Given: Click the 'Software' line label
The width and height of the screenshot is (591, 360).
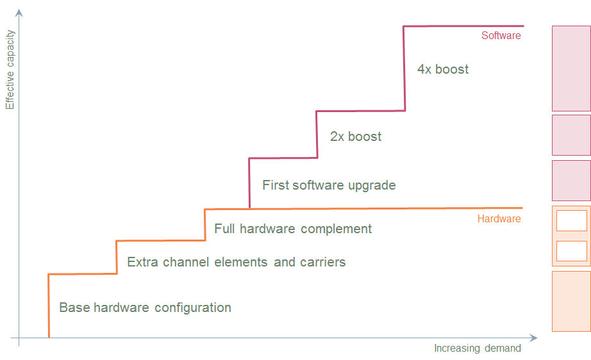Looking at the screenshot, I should tap(501, 36).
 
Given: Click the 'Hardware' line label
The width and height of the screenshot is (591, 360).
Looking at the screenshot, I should tap(499, 218).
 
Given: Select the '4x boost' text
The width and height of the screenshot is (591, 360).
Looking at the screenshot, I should tap(442, 69).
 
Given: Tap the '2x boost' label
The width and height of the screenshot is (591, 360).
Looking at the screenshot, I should tap(356, 136).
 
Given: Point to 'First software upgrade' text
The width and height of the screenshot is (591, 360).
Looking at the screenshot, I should tap(329, 185).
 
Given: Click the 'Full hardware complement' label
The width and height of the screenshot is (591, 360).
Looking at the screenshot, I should tap(293, 229).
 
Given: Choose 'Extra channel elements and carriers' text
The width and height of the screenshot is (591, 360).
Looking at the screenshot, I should tap(236, 262).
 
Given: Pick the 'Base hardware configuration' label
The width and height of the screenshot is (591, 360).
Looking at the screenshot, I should tap(145, 307).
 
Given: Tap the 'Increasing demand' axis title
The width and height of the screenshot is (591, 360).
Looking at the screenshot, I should tap(478, 348).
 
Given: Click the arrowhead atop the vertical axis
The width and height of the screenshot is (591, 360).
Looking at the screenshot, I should tap(19, 12).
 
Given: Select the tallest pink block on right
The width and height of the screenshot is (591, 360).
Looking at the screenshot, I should tap(571, 69).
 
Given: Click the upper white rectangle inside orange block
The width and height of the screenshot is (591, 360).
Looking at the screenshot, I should tap(571, 220).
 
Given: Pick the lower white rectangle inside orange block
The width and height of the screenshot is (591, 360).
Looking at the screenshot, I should tap(571, 251).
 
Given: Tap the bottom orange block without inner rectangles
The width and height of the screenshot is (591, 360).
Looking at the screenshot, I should tap(571, 301).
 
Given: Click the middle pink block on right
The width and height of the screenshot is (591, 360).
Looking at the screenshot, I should tap(571, 135).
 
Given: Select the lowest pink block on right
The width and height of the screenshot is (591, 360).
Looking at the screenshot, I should tap(571, 180).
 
